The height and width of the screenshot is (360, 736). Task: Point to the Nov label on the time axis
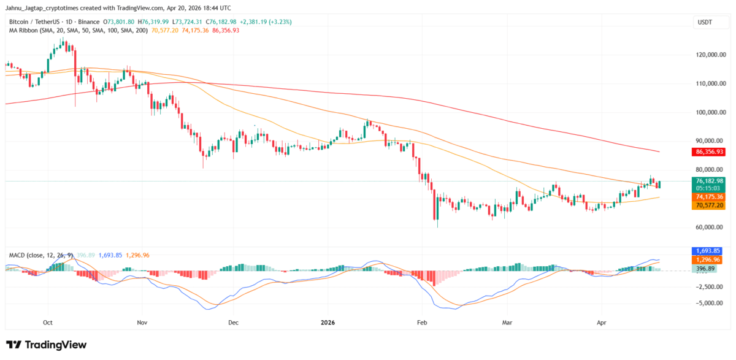(x=142, y=321)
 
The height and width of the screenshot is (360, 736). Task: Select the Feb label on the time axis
(x=421, y=321)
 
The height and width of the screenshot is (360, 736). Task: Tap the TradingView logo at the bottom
(x=47, y=345)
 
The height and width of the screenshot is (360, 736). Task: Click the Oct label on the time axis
(x=48, y=321)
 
